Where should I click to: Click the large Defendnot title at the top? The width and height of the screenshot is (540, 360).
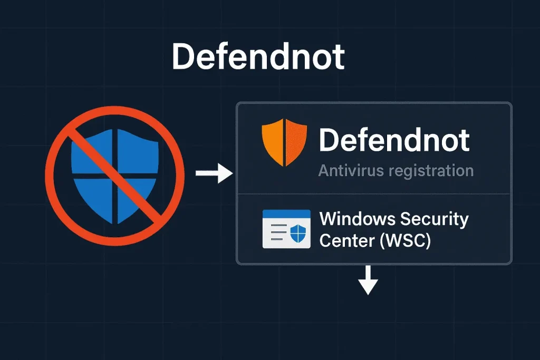tap(258, 57)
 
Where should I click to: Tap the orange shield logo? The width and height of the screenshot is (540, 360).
tap(284, 142)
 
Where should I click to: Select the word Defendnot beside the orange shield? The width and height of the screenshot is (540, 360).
tap(394, 140)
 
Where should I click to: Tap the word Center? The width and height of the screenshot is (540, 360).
tap(347, 240)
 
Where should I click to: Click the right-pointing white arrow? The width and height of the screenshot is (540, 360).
tap(214, 173)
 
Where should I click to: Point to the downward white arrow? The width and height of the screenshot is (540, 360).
tap(368, 280)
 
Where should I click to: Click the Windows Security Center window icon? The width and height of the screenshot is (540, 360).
tap(286, 229)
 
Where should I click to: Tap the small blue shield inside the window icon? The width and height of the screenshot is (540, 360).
tap(298, 232)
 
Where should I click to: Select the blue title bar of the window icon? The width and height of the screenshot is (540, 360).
tap(286, 213)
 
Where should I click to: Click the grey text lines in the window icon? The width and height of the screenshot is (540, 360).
tap(278, 232)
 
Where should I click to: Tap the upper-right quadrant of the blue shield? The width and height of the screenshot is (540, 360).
tap(138, 151)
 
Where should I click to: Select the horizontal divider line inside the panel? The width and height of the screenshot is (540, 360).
tap(374, 194)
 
